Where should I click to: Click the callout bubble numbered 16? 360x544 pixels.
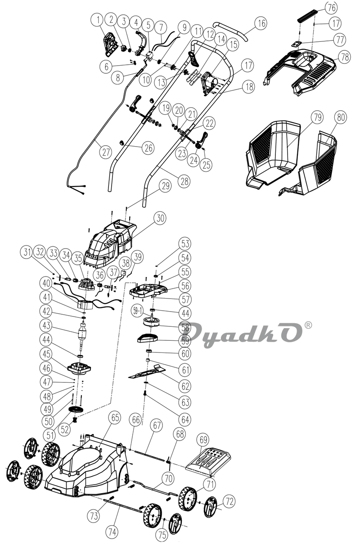[261, 23]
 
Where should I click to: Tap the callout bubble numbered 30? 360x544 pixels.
[160, 218]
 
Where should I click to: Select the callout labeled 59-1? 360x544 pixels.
[138, 312]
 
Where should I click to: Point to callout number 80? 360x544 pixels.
[341, 117]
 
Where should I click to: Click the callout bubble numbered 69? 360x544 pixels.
[203, 439]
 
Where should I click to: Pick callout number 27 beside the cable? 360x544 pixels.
[105, 152]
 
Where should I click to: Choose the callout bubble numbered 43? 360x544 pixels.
[46, 326]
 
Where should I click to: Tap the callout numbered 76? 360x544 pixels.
[332, 8]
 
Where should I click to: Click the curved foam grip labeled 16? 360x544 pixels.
[229, 31]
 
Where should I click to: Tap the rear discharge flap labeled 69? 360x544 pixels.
[208, 460]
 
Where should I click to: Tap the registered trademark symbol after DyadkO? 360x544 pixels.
[308, 325]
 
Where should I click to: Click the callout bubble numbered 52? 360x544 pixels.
[65, 429]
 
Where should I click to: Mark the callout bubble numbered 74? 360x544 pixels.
[112, 532]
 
